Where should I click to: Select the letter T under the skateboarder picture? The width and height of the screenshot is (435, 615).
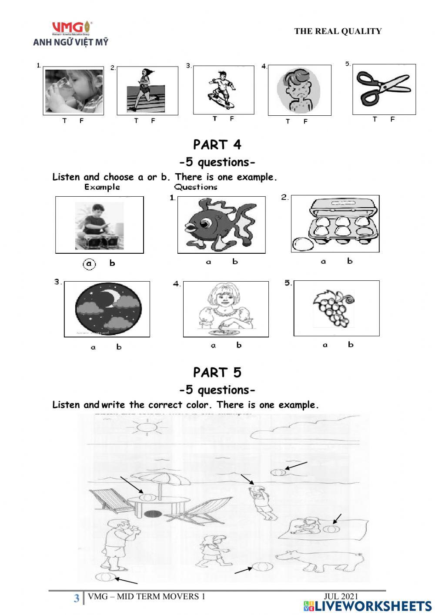pyautogui.click(x=215, y=119)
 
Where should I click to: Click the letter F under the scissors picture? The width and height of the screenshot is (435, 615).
pyautogui.click(x=392, y=119)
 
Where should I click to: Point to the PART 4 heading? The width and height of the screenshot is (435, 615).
pyautogui.click(x=217, y=145)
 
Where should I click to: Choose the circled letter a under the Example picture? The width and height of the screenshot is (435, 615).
pyautogui.click(x=89, y=264)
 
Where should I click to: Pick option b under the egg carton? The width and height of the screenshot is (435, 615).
pyautogui.click(x=350, y=261)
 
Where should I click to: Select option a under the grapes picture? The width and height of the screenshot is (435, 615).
pyautogui.click(x=325, y=345)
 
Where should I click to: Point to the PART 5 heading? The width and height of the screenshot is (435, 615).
pyautogui.click(x=217, y=373)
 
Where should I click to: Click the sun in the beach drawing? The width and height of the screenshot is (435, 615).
pyautogui.click(x=144, y=427)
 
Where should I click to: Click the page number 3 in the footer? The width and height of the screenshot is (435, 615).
pyautogui.click(x=77, y=598)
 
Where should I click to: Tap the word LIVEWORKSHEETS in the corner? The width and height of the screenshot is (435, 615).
pyautogui.click(x=373, y=606)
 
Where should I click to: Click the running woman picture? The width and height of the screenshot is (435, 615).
pyautogui.click(x=147, y=91)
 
